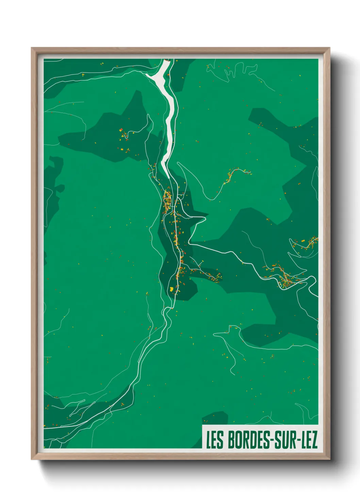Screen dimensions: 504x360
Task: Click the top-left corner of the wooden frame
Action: coord(32,48)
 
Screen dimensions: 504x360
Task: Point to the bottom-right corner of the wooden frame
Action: coord(329,459)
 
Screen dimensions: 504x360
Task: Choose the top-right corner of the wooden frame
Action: coord(329,48)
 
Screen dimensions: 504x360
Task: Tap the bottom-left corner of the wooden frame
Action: coord(32,459)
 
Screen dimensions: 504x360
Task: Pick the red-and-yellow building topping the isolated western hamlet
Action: coord(121,130)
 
